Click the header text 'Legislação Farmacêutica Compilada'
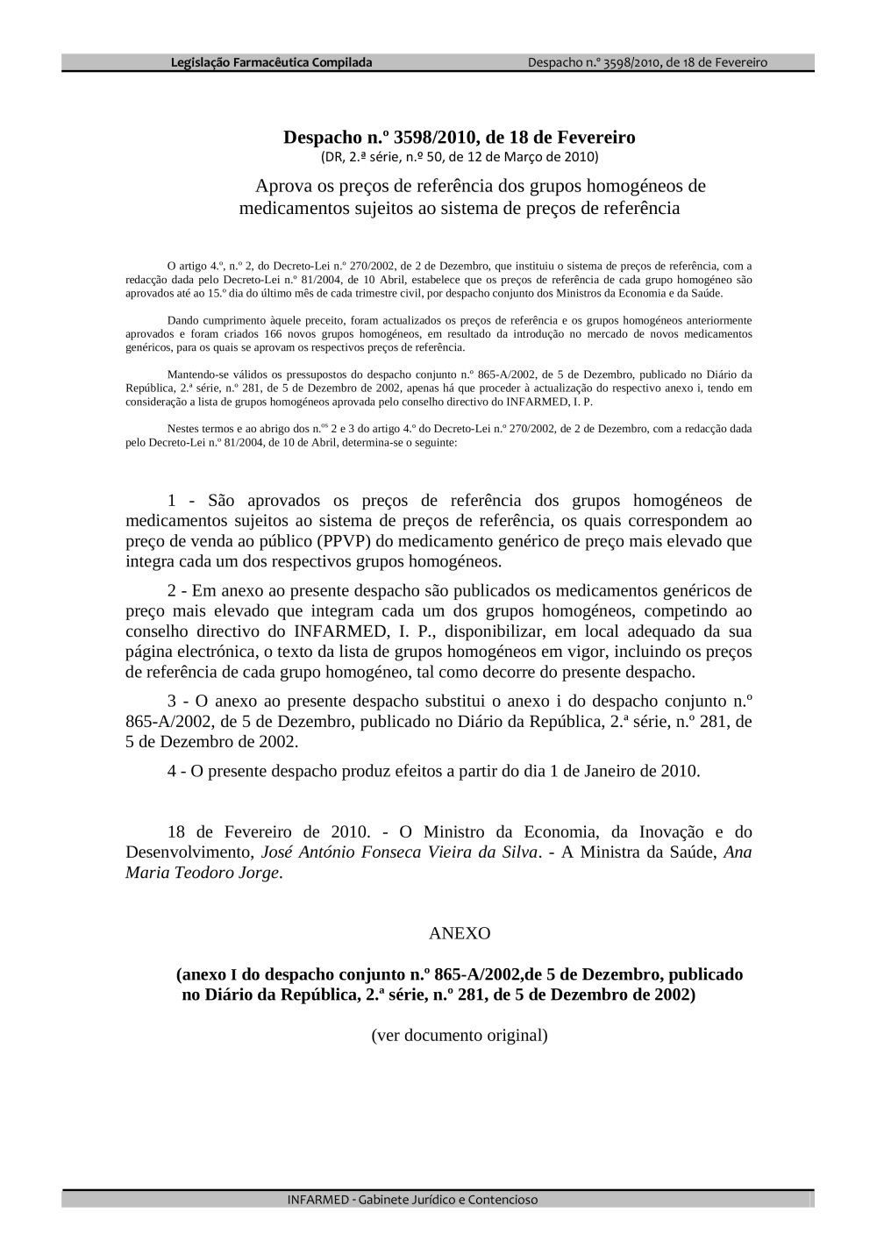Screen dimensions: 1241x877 pos(271,62)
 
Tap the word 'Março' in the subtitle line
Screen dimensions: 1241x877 pos(510,157)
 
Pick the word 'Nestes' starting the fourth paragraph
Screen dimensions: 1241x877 pos(182,429)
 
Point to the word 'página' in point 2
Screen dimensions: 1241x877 pos(153,652)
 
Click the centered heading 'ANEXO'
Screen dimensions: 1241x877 pos(460,933)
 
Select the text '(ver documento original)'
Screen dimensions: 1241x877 pos(460,1035)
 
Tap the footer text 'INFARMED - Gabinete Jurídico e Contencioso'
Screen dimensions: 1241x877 pos(412,1199)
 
